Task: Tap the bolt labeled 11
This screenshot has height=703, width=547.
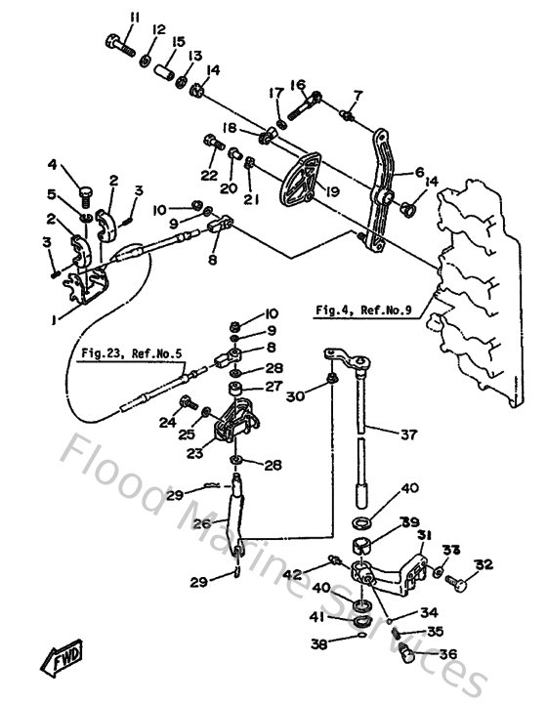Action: click(120, 43)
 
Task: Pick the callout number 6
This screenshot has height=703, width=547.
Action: click(419, 172)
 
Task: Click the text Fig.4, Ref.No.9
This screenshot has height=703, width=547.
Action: click(362, 310)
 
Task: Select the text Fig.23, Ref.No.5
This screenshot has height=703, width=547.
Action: click(131, 355)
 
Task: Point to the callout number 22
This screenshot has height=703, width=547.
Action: click(208, 175)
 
